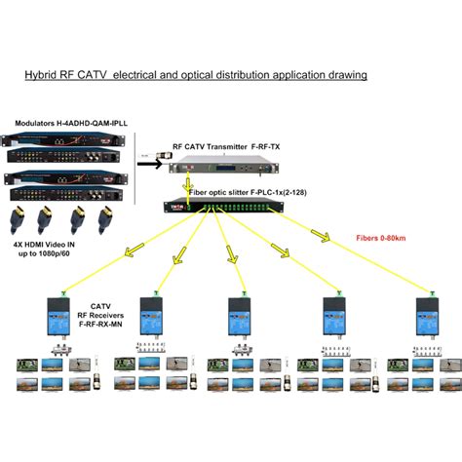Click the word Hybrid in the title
pos(41,74)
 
